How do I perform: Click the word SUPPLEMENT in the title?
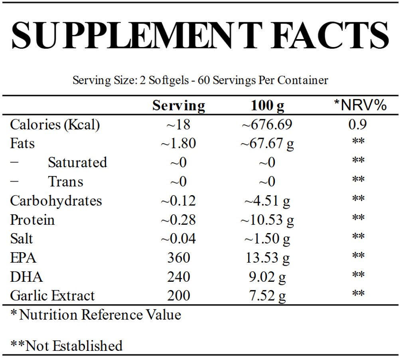tap(136, 35)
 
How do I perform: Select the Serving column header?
tap(178, 106)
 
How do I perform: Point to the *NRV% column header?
tap(360, 105)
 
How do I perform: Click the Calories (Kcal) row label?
tap(55, 125)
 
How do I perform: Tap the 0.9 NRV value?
tap(358, 125)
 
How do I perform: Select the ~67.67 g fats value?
tap(267, 144)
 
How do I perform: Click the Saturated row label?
tap(77, 162)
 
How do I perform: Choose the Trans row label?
tap(65, 182)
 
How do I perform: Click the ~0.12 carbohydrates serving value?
tap(178, 200)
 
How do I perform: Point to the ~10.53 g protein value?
tap(267, 220)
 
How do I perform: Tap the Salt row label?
tap(22, 239)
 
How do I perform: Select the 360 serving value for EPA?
tap(178, 258)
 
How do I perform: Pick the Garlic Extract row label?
tap(52, 296)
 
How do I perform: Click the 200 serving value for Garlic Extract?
tap(178, 296)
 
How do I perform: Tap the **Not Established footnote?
tap(66, 345)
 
